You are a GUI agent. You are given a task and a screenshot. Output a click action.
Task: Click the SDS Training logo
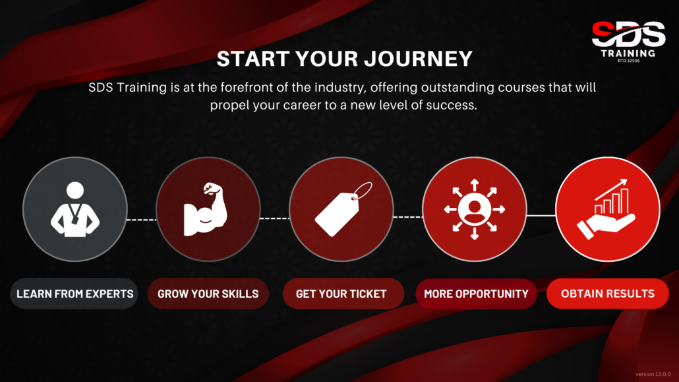tap(628, 42)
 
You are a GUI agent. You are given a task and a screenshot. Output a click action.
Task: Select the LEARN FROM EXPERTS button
tap(74, 294)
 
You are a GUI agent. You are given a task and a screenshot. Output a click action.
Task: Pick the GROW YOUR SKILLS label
tap(208, 294)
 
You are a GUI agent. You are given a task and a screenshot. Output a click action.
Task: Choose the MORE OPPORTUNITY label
tap(476, 294)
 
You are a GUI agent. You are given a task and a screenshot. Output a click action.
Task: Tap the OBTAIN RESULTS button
tap(608, 294)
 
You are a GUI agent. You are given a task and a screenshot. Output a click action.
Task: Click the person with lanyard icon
tap(75, 209)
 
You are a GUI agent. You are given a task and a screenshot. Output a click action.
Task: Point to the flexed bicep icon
tap(206, 209)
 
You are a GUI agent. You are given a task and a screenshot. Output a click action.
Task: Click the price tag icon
tap(343, 209)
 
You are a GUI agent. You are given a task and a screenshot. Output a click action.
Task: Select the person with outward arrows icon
tap(475, 209)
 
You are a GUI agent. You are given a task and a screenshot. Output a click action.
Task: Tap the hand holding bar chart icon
tap(606, 209)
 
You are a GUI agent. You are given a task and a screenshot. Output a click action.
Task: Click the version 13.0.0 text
tap(653, 374)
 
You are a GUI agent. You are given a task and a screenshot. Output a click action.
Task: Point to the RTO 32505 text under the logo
tap(628, 61)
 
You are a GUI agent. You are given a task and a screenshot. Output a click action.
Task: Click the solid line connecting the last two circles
tap(541, 215)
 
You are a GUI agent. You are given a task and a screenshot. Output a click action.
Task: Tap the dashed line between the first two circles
tap(142, 220)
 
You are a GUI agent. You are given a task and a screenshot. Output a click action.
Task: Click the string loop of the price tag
tap(363, 191)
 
